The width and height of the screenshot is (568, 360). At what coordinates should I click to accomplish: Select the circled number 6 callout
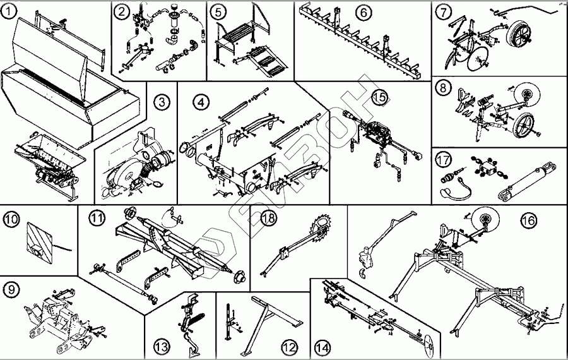tap(362, 12)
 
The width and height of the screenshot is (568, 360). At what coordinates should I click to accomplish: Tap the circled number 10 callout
tap(11, 220)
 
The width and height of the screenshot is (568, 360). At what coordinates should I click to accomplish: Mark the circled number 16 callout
tap(528, 220)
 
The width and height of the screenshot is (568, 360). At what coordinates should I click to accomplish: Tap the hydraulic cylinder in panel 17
tap(529, 181)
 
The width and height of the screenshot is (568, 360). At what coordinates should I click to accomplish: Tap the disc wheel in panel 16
tap(485, 220)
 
